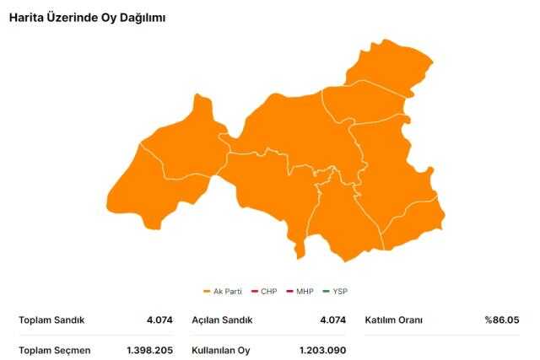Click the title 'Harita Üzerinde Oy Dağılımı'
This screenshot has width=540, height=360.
pyautogui.click(x=87, y=17)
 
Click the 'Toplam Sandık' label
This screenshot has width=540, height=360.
pyautogui.click(x=51, y=320)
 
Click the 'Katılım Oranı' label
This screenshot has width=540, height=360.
pyautogui.click(x=394, y=320)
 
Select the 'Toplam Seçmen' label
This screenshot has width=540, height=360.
pyautogui.click(x=54, y=349)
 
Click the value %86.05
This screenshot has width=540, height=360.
pyautogui.click(x=501, y=320)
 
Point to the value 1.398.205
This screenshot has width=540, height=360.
pyautogui.click(x=149, y=349)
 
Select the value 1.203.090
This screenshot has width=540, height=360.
pyautogui.click(x=322, y=349)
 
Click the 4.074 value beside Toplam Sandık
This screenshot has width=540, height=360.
pyautogui.click(x=159, y=320)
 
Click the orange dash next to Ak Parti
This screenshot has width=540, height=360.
pyautogui.click(x=207, y=292)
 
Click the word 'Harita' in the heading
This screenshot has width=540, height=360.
pyautogui.click(x=26, y=17)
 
